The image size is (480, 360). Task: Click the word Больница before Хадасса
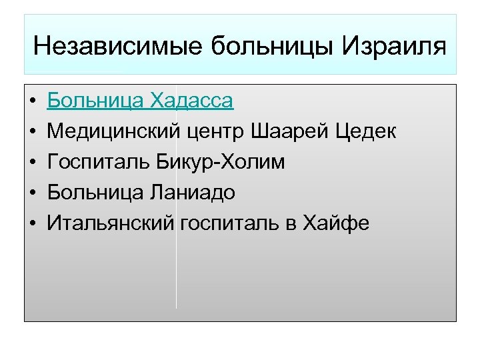pos(95,101)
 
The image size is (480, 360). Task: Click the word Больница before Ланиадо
pos(95,193)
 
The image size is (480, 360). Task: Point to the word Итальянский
pos(111,223)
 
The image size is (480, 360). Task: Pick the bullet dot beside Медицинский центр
pos(32,133)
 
